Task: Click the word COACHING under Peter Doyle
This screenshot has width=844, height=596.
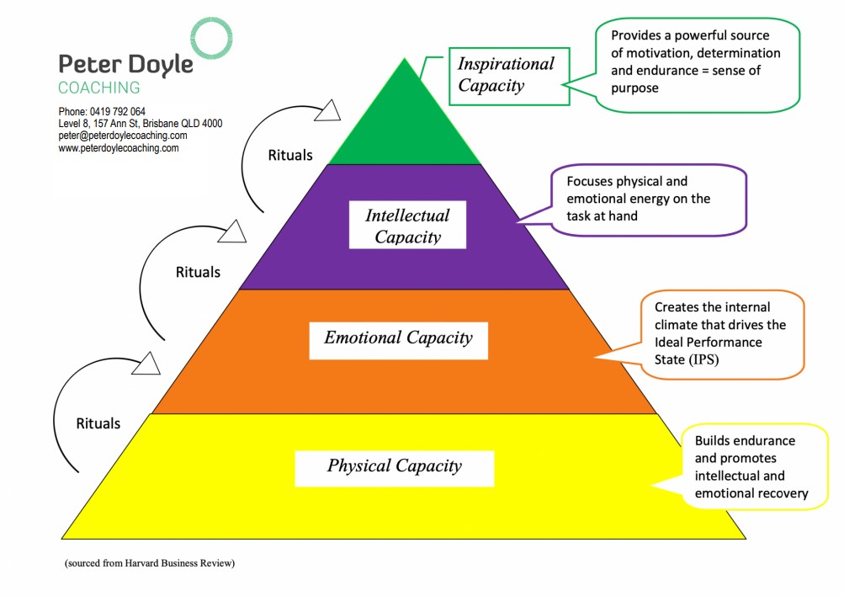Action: click(99, 88)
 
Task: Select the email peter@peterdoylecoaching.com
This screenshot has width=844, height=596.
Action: click(123, 136)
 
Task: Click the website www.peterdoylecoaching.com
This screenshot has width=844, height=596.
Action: click(119, 147)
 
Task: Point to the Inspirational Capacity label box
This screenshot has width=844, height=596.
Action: click(506, 75)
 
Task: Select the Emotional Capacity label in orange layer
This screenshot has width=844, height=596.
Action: click(398, 338)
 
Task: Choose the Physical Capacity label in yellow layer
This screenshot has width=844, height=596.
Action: click(394, 466)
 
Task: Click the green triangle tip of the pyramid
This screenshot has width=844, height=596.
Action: click(405, 118)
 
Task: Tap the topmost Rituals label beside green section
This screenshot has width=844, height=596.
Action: click(290, 155)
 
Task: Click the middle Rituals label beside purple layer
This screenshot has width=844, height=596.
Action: click(198, 272)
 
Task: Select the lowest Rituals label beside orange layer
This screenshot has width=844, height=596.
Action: click(98, 423)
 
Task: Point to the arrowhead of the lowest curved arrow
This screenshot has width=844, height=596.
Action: click(148, 363)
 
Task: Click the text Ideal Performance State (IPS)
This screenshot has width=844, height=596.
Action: click(709, 350)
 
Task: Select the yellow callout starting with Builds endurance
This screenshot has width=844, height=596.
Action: click(750, 467)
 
